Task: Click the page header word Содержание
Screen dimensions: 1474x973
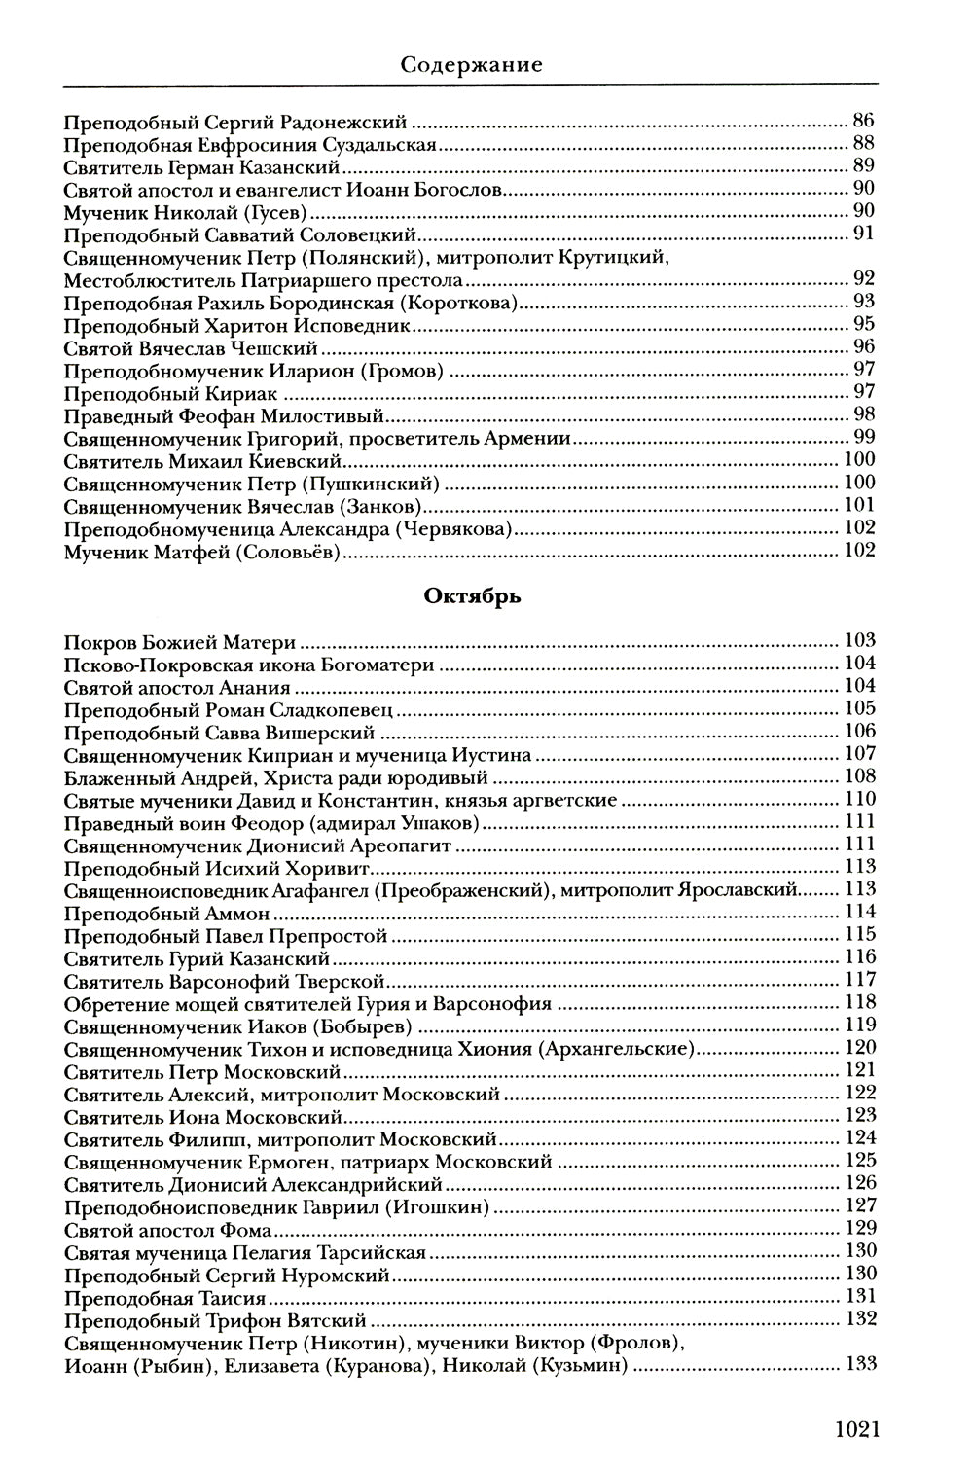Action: (471, 65)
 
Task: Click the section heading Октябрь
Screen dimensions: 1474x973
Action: (472, 596)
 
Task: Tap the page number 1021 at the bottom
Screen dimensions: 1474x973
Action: (856, 1428)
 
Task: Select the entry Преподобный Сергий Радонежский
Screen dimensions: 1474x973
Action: (234, 124)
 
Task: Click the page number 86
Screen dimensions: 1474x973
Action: (863, 122)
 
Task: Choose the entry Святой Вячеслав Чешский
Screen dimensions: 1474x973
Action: (191, 347)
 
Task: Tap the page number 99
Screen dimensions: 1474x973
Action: (864, 437)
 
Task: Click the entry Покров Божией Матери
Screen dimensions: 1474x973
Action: (180, 642)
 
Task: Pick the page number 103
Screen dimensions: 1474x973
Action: (860, 640)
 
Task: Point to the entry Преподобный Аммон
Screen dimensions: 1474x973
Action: (166, 914)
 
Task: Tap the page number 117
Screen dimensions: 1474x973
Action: (860, 979)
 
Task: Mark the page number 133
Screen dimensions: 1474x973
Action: (860, 1364)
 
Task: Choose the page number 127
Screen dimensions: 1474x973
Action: (860, 1205)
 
